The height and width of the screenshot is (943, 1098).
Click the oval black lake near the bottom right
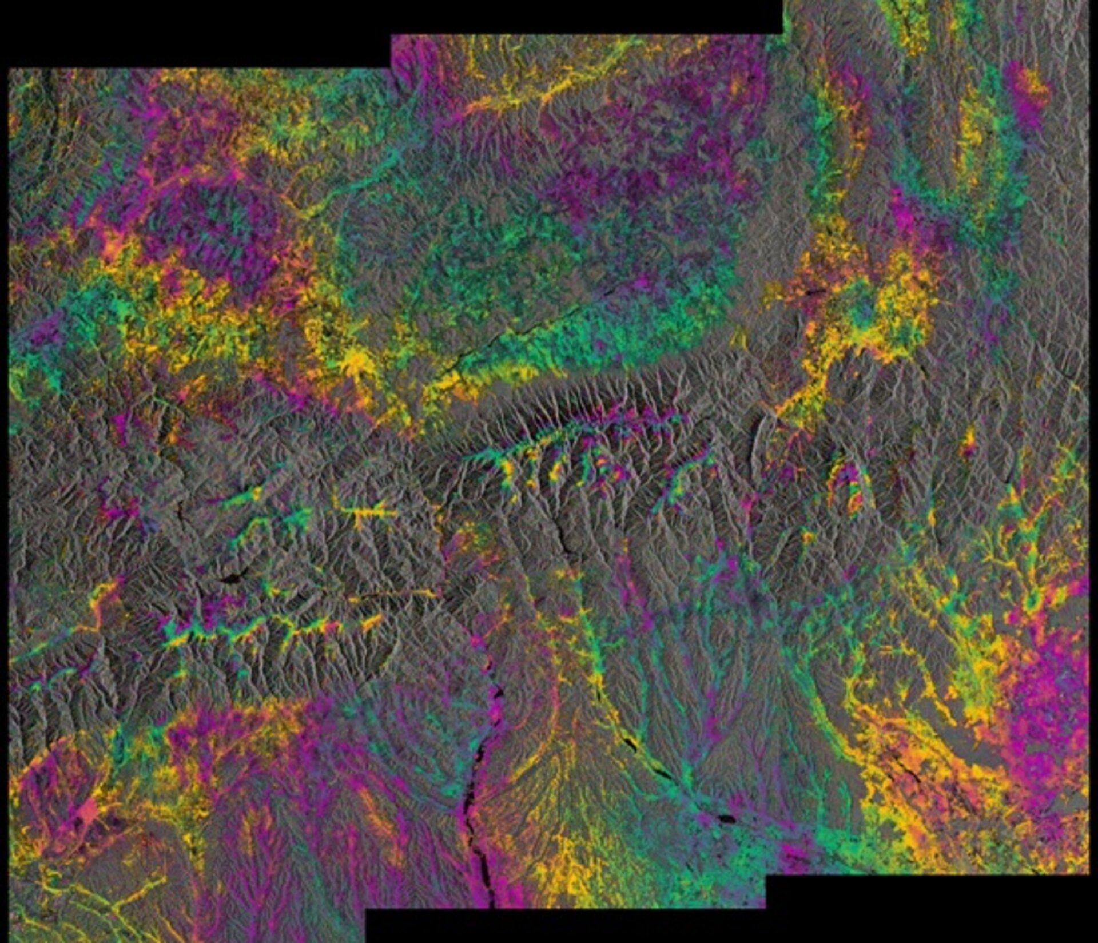tap(727, 818)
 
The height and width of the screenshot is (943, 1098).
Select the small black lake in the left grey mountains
tap(233, 578)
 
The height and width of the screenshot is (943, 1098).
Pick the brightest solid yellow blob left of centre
tap(356, 360)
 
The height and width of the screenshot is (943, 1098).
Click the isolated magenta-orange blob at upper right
tap(1029, 94)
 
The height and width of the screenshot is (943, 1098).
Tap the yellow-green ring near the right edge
tap(1034, 600)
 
